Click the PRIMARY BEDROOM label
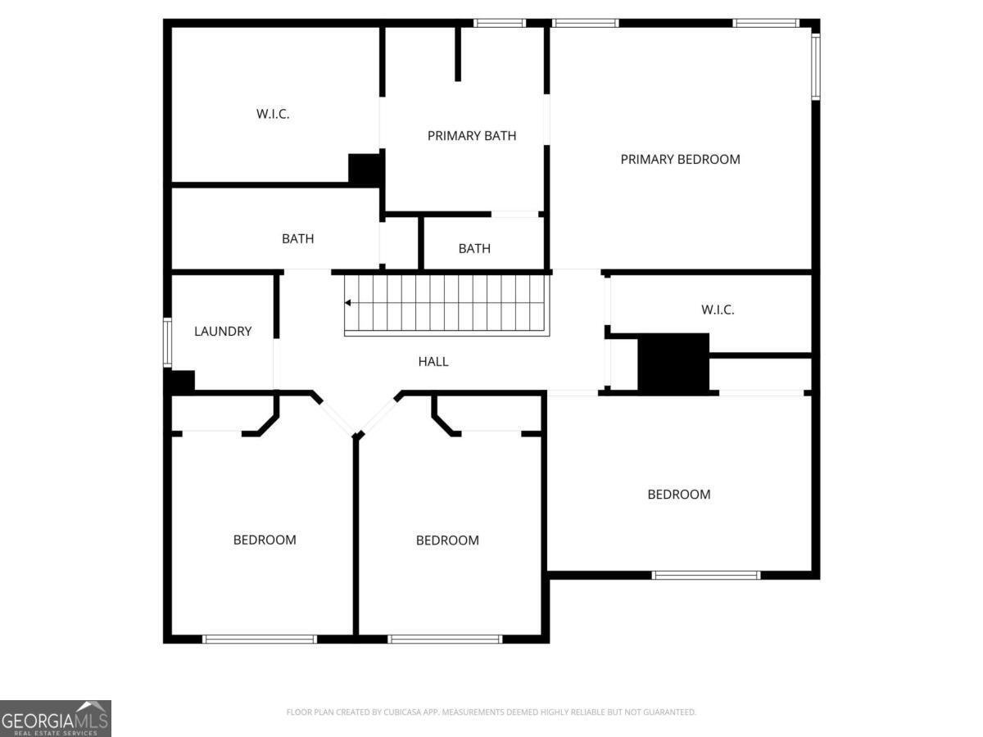(680, 160)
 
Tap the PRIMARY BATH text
(472, 136)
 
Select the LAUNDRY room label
(223, 331)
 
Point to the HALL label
(433, 362)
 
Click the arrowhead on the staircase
(347, 303)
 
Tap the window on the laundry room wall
(167, 342)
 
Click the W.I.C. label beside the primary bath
(273, 114)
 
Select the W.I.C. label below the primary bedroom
(718, 310)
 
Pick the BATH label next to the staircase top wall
(474, 248)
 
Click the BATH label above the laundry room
(298, 239)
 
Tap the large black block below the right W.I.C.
(673, 364)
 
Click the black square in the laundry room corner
(179, 382)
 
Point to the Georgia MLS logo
(56, 718)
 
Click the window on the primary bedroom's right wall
(816, 66)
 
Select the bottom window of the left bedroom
(260, 639)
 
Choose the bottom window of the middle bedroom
(445, 639)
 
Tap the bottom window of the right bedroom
(706, 575)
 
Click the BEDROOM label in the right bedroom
(679, 495)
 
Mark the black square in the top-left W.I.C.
(365, 170)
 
